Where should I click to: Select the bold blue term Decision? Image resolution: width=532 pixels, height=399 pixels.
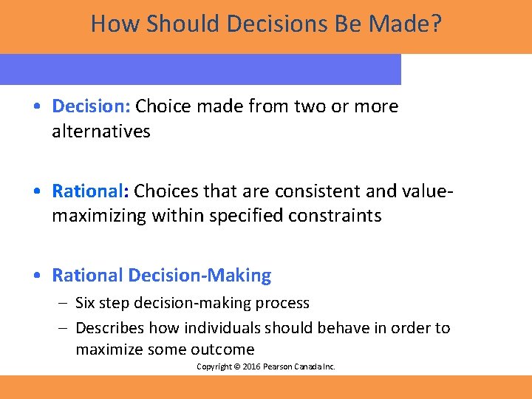(x=91, y=106)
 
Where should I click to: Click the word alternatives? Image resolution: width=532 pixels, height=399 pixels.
(x=101, y=132)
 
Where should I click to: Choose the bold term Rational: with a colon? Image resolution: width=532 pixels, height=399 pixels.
(x=90, y=191)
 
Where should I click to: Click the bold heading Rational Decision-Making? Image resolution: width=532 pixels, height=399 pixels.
(x=161, y=276)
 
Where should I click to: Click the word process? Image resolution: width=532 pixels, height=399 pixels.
(x=282, y=303)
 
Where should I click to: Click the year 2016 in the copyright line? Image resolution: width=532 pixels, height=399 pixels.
(x=249, y=367)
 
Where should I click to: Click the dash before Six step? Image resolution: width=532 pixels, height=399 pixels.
(x=64, y=303)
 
